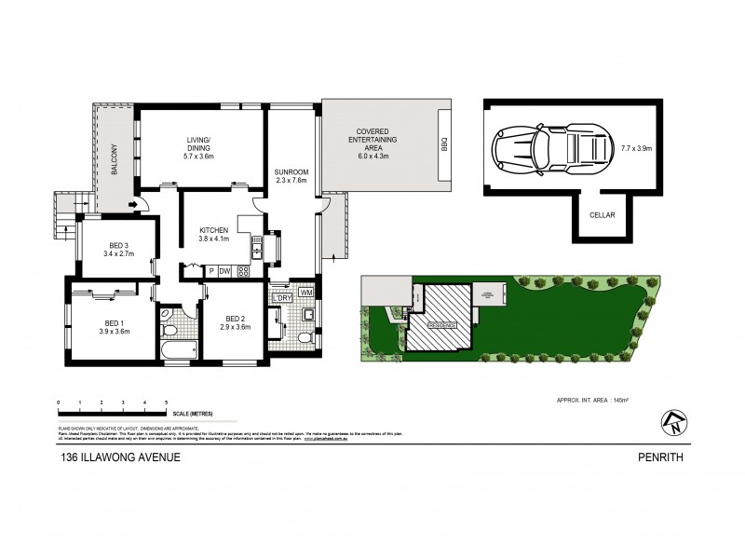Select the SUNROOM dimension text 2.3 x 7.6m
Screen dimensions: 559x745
pyautogui.click(x=291, y=181)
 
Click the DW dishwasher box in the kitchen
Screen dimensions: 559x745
pyautogui.click(x=225, y=271)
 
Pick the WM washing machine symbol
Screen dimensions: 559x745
pyautogui.click(x=306, y=293)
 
